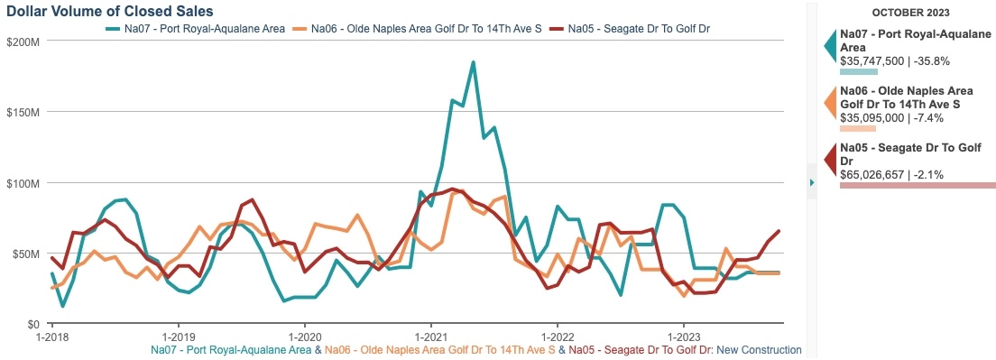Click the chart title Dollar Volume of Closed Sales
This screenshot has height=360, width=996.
pos(109,12)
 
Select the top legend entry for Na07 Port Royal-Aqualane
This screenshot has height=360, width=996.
pos(200,28)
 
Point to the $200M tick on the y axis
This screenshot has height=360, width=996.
pos(23,42)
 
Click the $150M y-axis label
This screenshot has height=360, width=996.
pos(23,112)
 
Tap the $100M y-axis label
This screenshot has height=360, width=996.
pos(23,182)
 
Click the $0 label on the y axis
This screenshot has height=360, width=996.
pos(32,323)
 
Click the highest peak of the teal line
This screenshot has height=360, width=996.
pos(473,62)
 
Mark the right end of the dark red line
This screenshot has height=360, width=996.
pos(779,231)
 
